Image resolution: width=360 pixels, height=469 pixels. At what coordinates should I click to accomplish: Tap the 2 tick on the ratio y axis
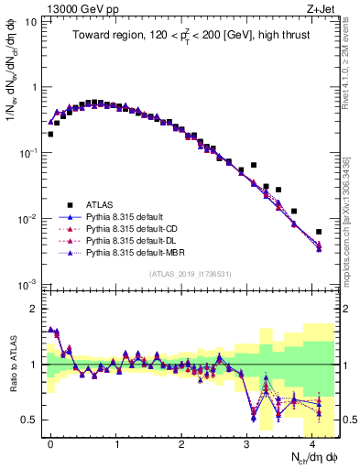pos(37,309)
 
